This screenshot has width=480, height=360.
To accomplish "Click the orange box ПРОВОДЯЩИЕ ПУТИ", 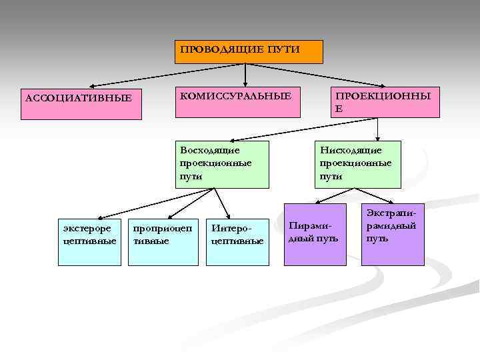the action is pos(249,52).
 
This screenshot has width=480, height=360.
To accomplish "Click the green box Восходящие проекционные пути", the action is pos(222,164).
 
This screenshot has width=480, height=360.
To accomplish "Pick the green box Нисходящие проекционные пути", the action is pos(359,164).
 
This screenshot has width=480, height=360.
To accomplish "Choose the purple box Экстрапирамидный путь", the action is pos(393,233).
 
